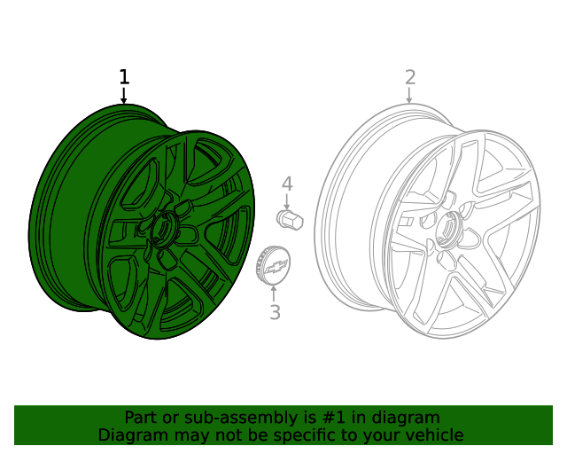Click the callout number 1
coord(124,77)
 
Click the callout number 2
coord(410,77)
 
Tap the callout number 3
coord(275,312)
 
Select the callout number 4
coord(287,184)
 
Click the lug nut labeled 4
coord(290,219)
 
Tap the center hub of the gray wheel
coord(446,228)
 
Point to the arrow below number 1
coord(124,97)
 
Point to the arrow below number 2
coord(410,96)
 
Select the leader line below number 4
coord(287,201)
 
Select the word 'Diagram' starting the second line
coord(132,435)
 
